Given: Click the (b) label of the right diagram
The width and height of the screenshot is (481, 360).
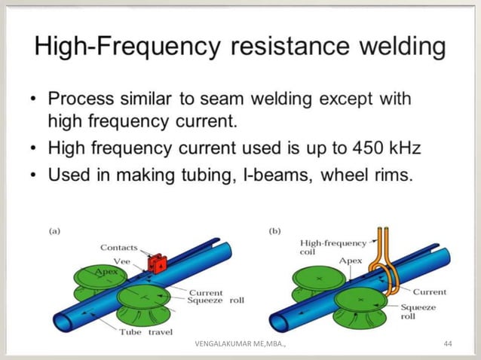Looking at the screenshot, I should pyautogui.click(x=276, y=231).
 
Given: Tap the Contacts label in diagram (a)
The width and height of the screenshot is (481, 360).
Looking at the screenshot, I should pyautogui.click(x=118, y=248).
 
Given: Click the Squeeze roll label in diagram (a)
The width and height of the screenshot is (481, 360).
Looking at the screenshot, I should pyautogui.click(x=216, y=300).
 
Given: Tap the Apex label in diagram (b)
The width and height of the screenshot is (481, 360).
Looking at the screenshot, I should pyautogui.click(x=329, y=261).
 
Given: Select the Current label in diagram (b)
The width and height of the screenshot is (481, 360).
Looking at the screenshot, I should pyautogui.click(x=430, y=291).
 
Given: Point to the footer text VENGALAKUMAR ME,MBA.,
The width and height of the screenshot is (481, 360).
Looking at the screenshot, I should pyautogui.click(x=243, y=344).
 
